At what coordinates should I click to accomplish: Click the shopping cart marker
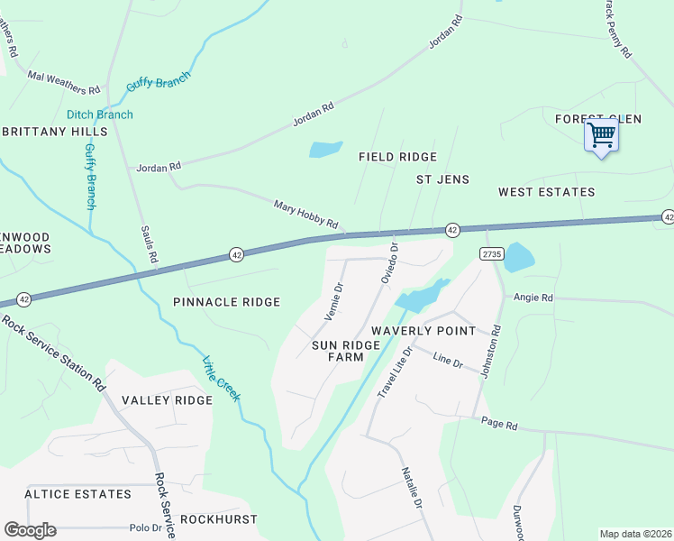pyautogui.click(x=601, y=136)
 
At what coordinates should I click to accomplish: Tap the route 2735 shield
pyautogui.click(x=490, y=254)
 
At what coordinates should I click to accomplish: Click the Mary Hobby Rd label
pyautogui.click(x=306, y=214)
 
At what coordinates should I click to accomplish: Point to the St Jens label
pyautogui.click(x=442, y=179)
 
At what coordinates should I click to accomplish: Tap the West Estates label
pyautogui.click(x=547, y=192)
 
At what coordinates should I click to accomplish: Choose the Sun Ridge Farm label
pyautogui.click(x=338, y=351)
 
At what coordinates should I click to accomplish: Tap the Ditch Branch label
pyautogui.click(x=99, y=115)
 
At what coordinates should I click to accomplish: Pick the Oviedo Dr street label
pyautogui.click(x=388, y=262)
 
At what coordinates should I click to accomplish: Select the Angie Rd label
pyautogui.click(x=533, y=298)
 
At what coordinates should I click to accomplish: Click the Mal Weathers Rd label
pyautogui.click(x=63, y=83)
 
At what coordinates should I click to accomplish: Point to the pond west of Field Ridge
pyautogui.click(x=325, y=149)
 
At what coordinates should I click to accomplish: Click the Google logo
pyautogui.click(x=30, y=530)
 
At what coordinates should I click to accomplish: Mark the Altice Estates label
pyautogui.click(x=77, y=494)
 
